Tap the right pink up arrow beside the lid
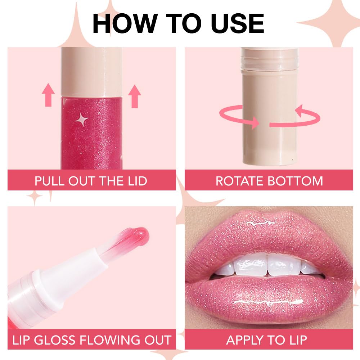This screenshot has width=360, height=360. pos(135,96)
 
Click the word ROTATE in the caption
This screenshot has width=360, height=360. pos(240,181)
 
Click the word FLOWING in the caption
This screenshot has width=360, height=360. pos(108,340)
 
